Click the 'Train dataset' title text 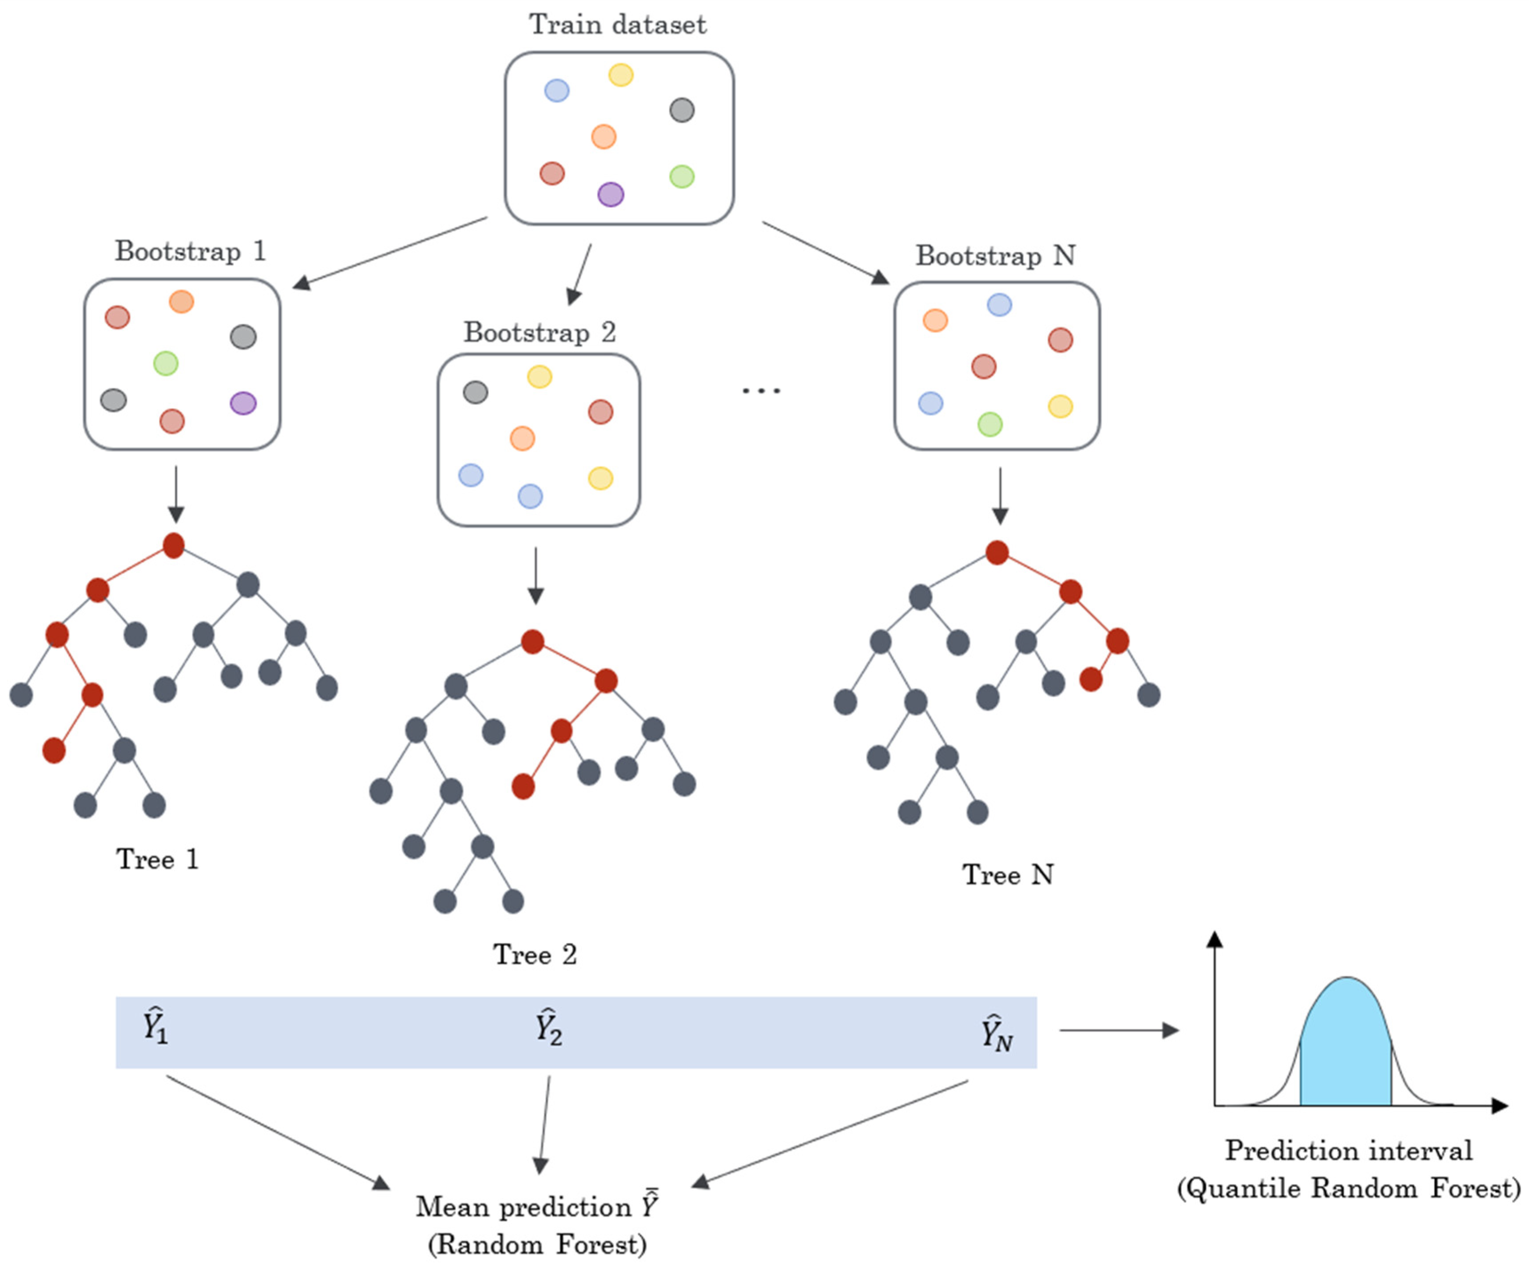618,25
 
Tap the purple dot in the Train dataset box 610,194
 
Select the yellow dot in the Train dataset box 620,75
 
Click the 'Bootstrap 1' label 190,251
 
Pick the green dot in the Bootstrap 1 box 166,363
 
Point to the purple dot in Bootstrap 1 243,403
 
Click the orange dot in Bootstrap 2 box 522,438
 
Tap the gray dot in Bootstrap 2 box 475,393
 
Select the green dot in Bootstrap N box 990,423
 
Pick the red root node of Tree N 997,552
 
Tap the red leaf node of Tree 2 523,786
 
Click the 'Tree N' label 1007,874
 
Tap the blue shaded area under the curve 1346,1051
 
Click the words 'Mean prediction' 524,1207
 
